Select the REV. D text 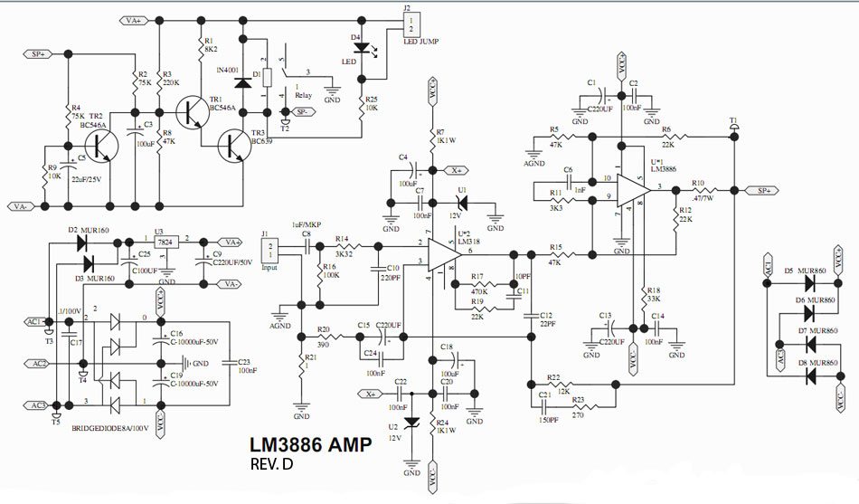(272, 465)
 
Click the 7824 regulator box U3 (165, 242)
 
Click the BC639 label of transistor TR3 (262, 142)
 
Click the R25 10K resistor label (371, 102)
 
